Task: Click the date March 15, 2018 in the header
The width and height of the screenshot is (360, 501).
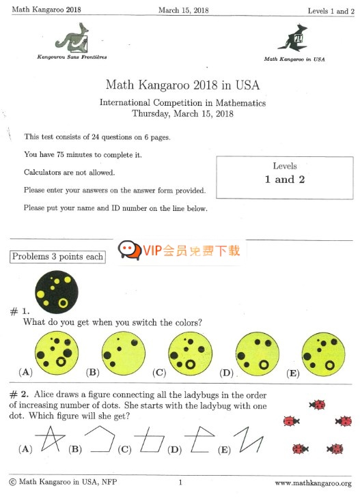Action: coord(183,10)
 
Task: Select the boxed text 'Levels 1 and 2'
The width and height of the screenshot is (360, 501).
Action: coord(285,174)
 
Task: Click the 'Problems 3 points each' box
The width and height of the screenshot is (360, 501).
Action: coord(57,257)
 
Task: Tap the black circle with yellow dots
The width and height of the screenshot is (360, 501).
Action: coord(57,289)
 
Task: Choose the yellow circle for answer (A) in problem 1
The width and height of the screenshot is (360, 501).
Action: coord(57,353)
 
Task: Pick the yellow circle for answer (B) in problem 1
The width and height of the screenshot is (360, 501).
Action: coord(124,353)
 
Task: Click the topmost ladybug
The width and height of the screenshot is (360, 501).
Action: coord(317,405)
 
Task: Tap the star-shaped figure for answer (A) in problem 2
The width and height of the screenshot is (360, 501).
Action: coord(48,439)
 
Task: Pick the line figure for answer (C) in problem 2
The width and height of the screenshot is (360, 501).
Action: coord(149,441)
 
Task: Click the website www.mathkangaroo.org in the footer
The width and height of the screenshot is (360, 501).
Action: coord(313,483)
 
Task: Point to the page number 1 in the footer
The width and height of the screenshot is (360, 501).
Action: coord(180,483)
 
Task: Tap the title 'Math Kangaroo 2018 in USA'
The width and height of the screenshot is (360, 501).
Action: coord(182,85)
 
